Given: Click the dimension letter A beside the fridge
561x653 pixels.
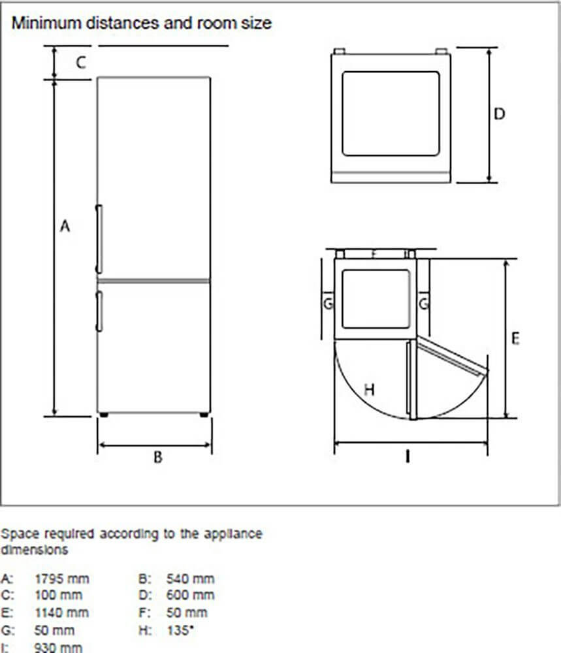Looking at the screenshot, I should point(65,226).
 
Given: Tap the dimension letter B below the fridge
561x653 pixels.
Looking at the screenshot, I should point(157,457).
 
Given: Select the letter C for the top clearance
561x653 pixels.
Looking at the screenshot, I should point(80,63).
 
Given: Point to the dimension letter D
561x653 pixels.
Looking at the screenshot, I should point(499,114).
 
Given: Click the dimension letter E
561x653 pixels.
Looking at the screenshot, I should point(515,339).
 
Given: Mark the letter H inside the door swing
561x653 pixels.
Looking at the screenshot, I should point(369,390).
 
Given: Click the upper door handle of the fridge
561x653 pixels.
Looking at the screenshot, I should point(99,238).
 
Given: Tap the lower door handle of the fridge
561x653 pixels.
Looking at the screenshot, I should point(99,311).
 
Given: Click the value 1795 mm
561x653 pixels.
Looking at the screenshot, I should point(61,579).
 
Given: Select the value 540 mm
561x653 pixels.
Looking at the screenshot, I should point(190,579).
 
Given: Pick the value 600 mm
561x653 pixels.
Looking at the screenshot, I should point(190,596).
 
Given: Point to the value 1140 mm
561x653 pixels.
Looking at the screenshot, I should point(61,613).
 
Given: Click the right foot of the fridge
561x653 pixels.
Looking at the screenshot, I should point(204,414).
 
